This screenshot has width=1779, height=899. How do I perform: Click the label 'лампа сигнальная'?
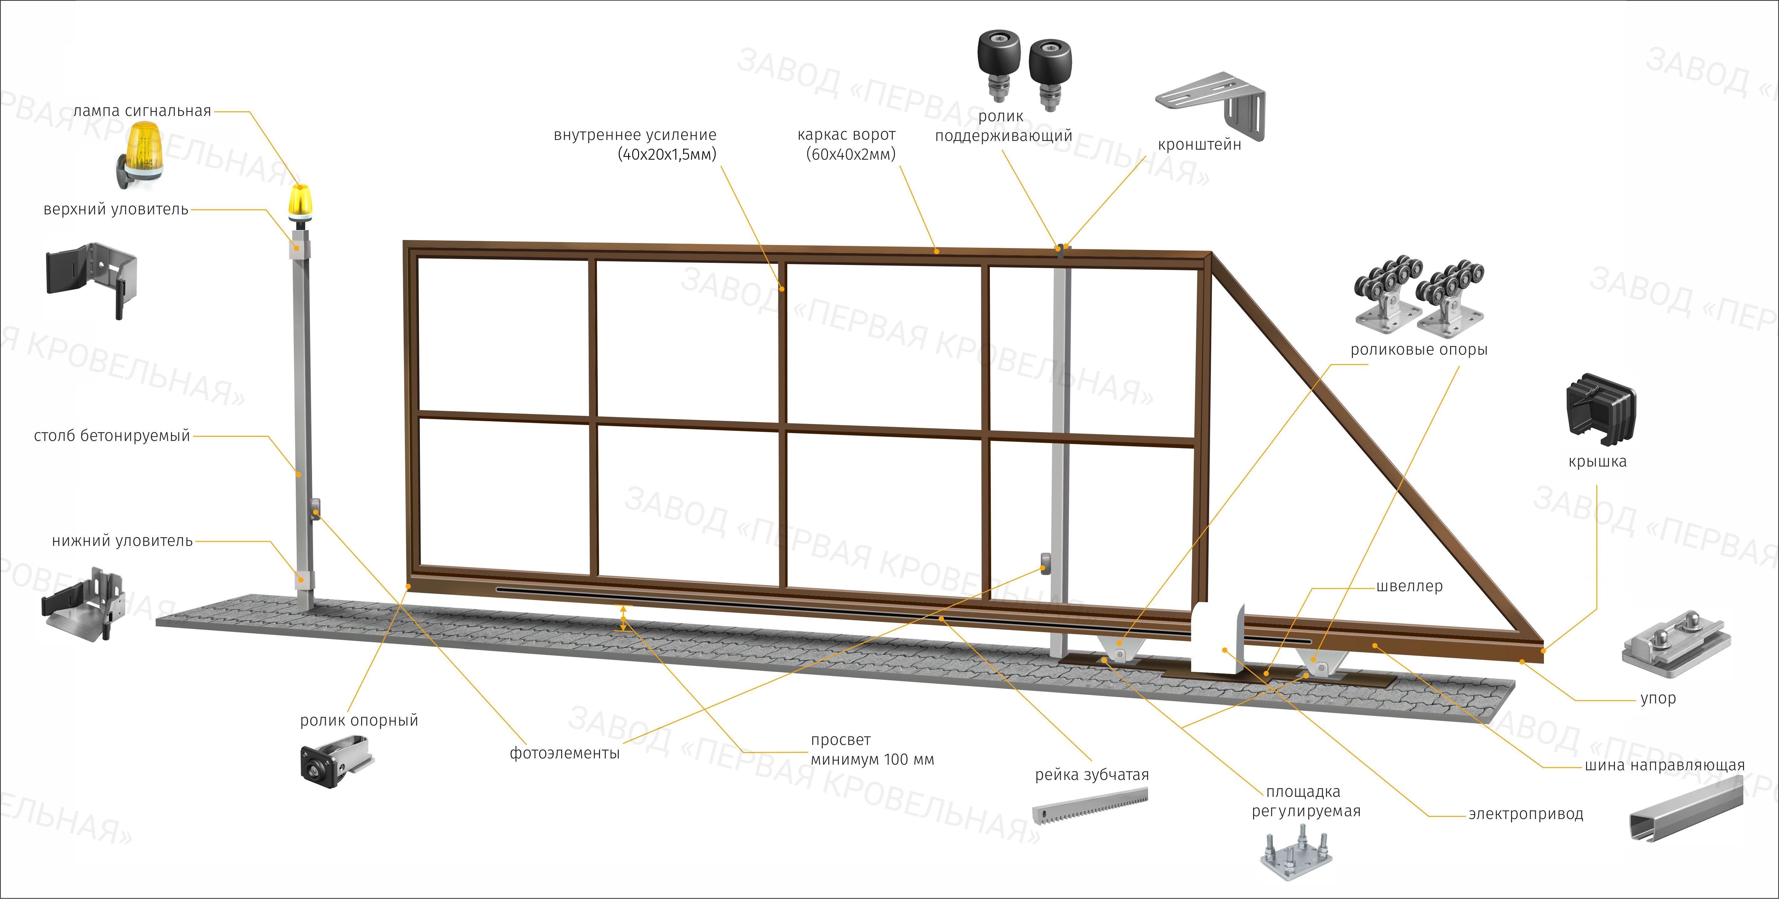(142, 111)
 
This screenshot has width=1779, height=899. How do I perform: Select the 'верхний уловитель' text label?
(116, 209)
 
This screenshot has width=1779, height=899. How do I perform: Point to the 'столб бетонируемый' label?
(112, 436)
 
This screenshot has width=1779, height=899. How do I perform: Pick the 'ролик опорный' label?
(359, 720)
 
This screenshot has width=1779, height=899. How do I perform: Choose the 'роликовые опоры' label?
(1419, 349)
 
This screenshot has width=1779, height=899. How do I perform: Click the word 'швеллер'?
(1409, 586)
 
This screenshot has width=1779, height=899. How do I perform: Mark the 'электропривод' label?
(1525, 814)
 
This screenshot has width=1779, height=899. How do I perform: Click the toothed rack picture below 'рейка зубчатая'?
(1090, 807)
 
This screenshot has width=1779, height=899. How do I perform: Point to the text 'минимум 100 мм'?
(872, 760)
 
